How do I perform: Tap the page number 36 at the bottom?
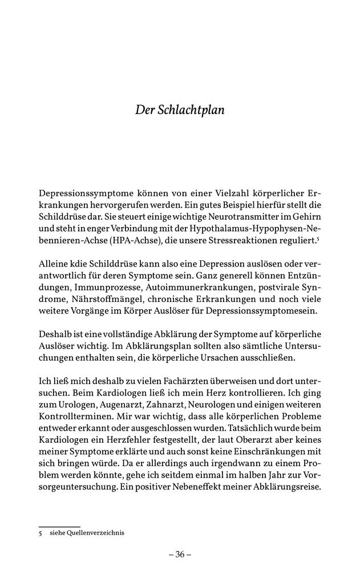tap(180, 554)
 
